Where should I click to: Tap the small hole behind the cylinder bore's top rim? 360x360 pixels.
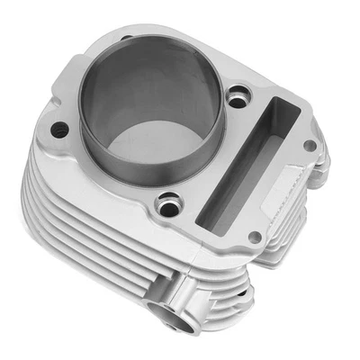click(126, 38)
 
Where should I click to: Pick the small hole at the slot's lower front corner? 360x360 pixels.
click(255, 237)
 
